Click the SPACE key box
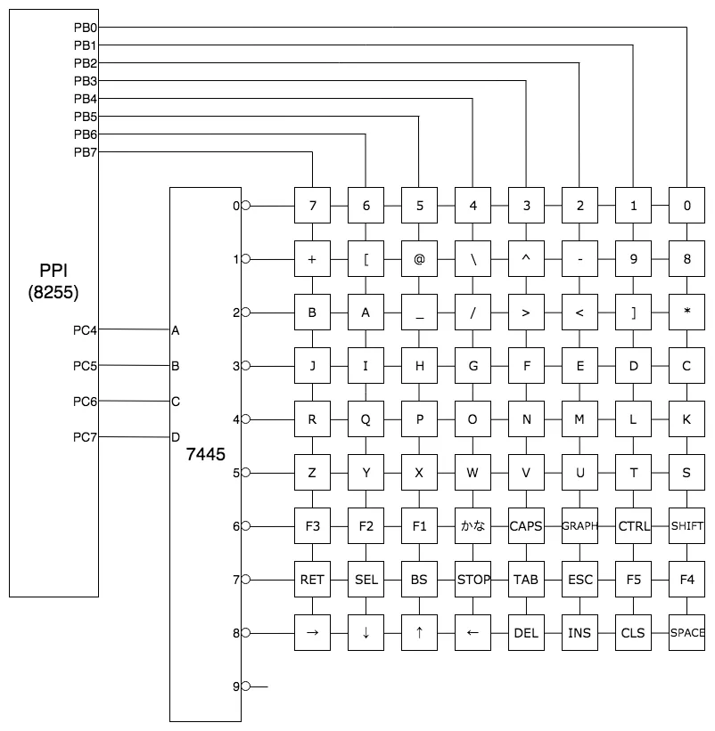pyautogui.click(x=686, y=633)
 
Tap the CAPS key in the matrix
pyautogui.click(x=526, y=526)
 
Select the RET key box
pyautogui.click(x=312, y=580)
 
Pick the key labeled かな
pyautogui.click(x=473, y=526)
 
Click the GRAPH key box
pyautogui.click(x=579, y=526)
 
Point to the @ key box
pyautogui.click(x=419, y=259)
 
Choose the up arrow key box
pyautogui.click(x=419, y=633)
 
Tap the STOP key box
pyautogui.click(x=473, y=580)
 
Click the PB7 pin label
pyautogui.click(x=86, y=152)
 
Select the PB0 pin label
pyautogui.click(x=86, y=28)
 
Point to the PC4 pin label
pyautogui.click(x=85, y=330)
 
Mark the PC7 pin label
pyautogui.click(x=85, y=437)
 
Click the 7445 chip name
pyautogui.click(x=205, y=454)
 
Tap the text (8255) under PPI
pyautogui.click(x=53, y=292)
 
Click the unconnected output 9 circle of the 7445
pyautogui.click(x=246, y=686)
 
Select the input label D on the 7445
pyautogui.click(x=176, y=437)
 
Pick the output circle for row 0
pyautogui.click(x=246, y=206)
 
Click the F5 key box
pyautogui.click(x=633, y=580)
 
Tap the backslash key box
pyautogui.click(x=473, y=259)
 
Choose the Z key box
pyautogui.click(x=312, y=473)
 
